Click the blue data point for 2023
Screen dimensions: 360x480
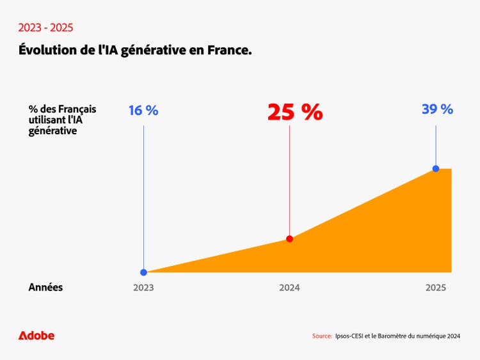point(143,272)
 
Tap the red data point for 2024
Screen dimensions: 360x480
point(289,239)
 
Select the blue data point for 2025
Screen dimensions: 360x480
point(436,168)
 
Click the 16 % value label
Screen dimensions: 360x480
point(143,110)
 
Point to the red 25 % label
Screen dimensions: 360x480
point(294,112)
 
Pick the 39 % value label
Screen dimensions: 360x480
point(437,109)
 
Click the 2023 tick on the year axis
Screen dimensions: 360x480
point(143,288)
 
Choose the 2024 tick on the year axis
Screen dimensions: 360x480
point(289,288)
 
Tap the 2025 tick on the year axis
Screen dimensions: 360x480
point(436,288)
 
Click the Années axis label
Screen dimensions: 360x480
point(45,288)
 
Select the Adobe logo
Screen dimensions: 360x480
point(36,336)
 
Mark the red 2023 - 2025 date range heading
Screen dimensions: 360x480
point(45,27)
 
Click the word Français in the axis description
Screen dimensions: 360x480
point(77,109)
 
